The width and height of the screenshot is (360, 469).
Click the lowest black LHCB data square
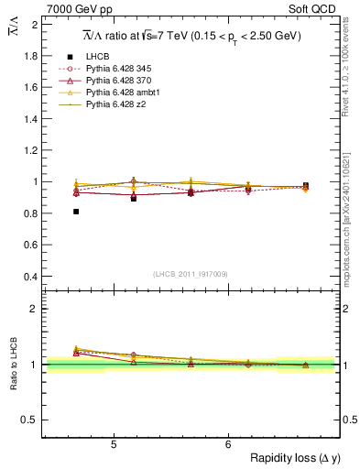click(x=76, y=212)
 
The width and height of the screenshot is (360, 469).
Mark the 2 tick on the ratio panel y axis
click(x=34, y=309)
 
